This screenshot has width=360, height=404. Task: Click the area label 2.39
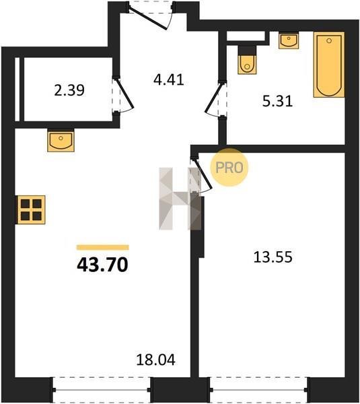click(x=69, y=90)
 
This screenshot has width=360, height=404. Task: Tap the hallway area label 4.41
click(x=169, y=79)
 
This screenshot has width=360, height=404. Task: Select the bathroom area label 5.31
click(x=278, y=101)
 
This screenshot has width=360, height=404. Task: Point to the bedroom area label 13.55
click(x=273, y=257)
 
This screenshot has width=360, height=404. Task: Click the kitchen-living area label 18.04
click(x=156, y=360)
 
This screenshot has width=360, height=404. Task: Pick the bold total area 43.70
click(x=102, y=265)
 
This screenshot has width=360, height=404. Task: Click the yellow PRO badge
click(x=229, y=168)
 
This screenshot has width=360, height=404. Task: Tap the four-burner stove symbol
click(x=31, y=209)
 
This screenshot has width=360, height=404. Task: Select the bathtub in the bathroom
click(x=329, y=65)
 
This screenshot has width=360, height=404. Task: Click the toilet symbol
click(x=247, y=60)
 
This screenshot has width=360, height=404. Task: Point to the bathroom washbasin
click(x=289, y=40)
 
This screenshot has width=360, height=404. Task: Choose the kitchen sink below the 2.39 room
click(x=61, y=140)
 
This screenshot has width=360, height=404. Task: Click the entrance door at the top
click(x=151, y=15)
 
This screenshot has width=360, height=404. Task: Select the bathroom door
click(x=216, y=100)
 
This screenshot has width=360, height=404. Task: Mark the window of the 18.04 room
click(x=102, y=390)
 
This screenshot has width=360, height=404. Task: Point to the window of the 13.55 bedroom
click(x=258, y=390)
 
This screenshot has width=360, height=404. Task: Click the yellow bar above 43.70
click(x=103, y=247)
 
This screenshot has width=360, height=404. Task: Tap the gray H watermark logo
click(x=180, y=199)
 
